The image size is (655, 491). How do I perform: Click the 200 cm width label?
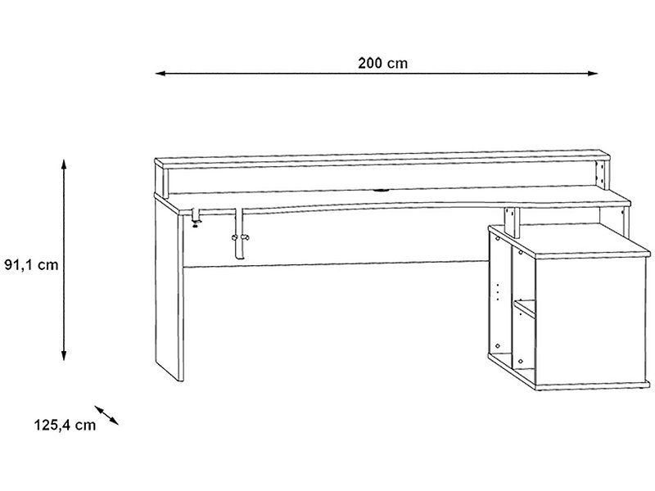(382, 63)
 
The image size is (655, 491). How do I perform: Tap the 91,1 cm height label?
(31, 264)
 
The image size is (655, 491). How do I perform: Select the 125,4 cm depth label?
(65, 425)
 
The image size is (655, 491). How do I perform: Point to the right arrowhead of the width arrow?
(592, 74)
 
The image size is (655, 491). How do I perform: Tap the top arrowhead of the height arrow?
(64, 164)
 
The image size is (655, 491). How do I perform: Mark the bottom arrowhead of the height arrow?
(64, 354)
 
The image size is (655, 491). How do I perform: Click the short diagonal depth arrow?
(106, 415)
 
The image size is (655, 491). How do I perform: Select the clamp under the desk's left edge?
(195, 218)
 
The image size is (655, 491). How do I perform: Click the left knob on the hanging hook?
(234, 238)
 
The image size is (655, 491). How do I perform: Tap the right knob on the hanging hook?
(246, 238)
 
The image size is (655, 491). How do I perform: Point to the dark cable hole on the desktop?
(380, 191)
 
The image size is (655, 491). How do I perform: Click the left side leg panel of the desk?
(169, 290)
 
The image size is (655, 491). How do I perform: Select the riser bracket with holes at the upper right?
(600, 173)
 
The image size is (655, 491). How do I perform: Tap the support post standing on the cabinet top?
(511, 222)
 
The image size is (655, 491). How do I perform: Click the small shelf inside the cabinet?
(525, 308)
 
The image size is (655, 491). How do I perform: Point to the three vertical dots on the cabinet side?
(498, 292)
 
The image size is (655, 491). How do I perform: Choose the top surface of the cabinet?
(570, 239)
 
